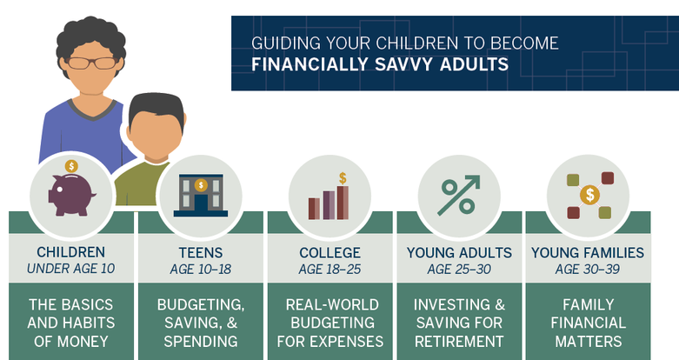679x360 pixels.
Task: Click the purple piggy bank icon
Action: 71,195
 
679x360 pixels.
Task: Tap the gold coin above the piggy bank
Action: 71,166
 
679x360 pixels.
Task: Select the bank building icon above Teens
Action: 201,195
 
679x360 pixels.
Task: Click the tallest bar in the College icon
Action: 343,203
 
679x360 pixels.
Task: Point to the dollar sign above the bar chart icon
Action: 343,178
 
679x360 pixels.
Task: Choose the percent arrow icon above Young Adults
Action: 459,195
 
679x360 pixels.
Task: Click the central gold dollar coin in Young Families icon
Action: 589,195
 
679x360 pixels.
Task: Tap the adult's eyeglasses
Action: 92,63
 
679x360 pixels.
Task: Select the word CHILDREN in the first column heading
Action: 71,252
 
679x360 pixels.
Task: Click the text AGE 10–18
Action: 201,270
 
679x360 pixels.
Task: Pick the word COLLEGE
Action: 330,252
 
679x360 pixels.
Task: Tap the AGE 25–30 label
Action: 459,270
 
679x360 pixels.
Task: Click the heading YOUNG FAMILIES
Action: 588,252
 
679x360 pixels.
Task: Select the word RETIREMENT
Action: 459,342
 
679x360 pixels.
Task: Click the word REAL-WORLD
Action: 332,305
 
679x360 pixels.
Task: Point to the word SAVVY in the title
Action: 403,64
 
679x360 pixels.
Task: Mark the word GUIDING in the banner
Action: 286,43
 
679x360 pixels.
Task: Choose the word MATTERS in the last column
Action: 588,342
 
